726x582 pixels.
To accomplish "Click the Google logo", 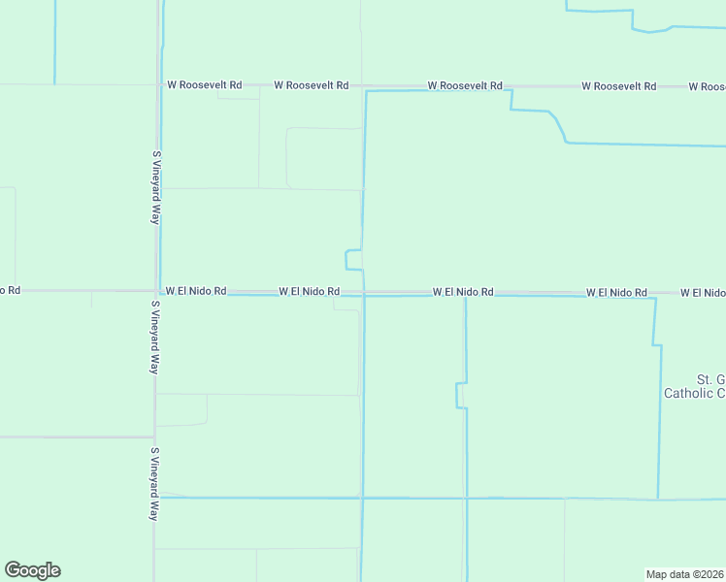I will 33,570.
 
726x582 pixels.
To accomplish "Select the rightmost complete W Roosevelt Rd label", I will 619,86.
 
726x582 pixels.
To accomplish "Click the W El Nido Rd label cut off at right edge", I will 703,292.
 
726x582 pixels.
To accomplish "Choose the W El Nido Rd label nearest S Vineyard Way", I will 196,290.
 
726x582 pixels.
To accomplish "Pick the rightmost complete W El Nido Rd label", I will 616,292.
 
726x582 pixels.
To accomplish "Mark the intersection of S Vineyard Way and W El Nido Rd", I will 156,290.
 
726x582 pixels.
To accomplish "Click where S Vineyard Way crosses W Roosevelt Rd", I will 156,85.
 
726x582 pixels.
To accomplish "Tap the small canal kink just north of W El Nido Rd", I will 346,259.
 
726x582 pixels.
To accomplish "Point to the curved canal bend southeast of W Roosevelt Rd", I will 556,124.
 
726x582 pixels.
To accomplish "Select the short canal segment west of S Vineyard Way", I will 54,44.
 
